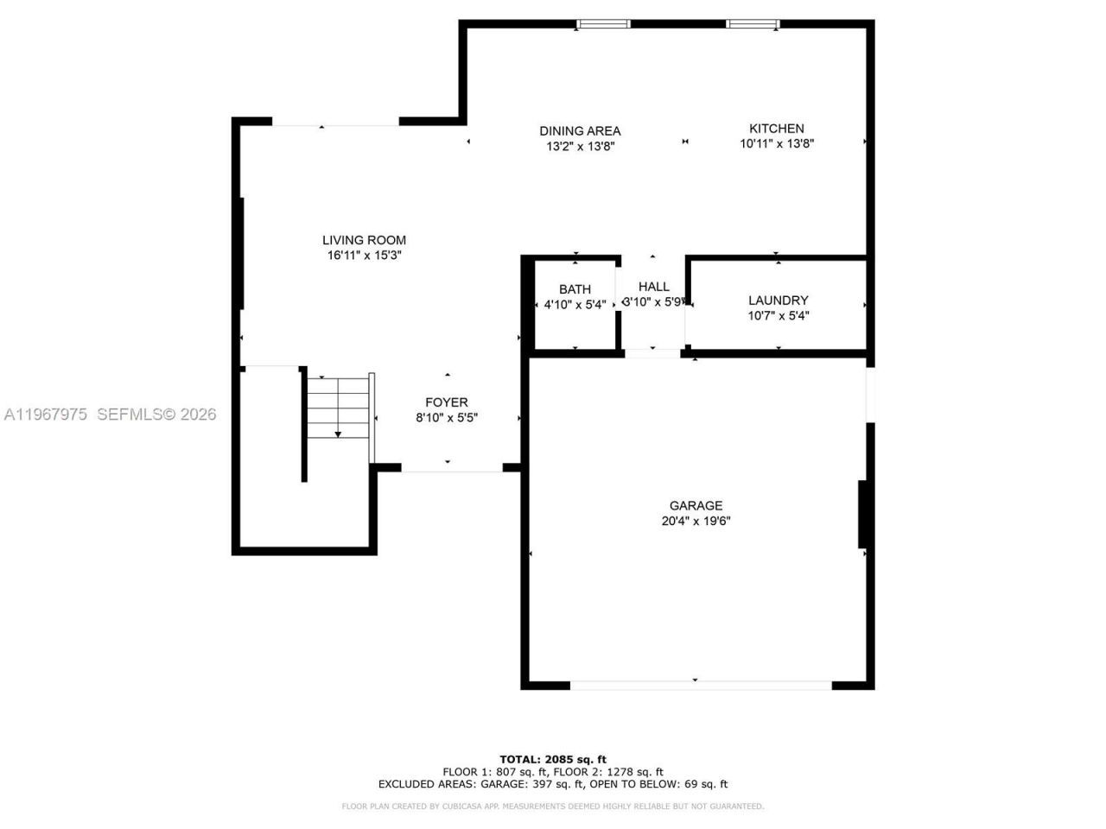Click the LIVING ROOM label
tap(364, 240)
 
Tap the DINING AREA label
tap(580, 131)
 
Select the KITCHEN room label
tap(776, 129)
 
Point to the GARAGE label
tap(696, 506)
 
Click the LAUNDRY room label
tap(778, 301)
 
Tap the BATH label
tap(575, 289)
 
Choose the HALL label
tap(653, 287)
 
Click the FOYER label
tap(447, 402)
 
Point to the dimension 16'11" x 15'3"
tap(364, 256)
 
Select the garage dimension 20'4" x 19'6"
tap(696, 522)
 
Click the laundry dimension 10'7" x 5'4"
tap(778, 316)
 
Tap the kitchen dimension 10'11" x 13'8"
tap(777, 144)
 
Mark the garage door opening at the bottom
tap(701, 686)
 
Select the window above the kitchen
tap(753, 24)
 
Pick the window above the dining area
tap(603, 24)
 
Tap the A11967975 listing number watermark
tap(46, 414)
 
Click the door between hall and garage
tap(652, 352)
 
